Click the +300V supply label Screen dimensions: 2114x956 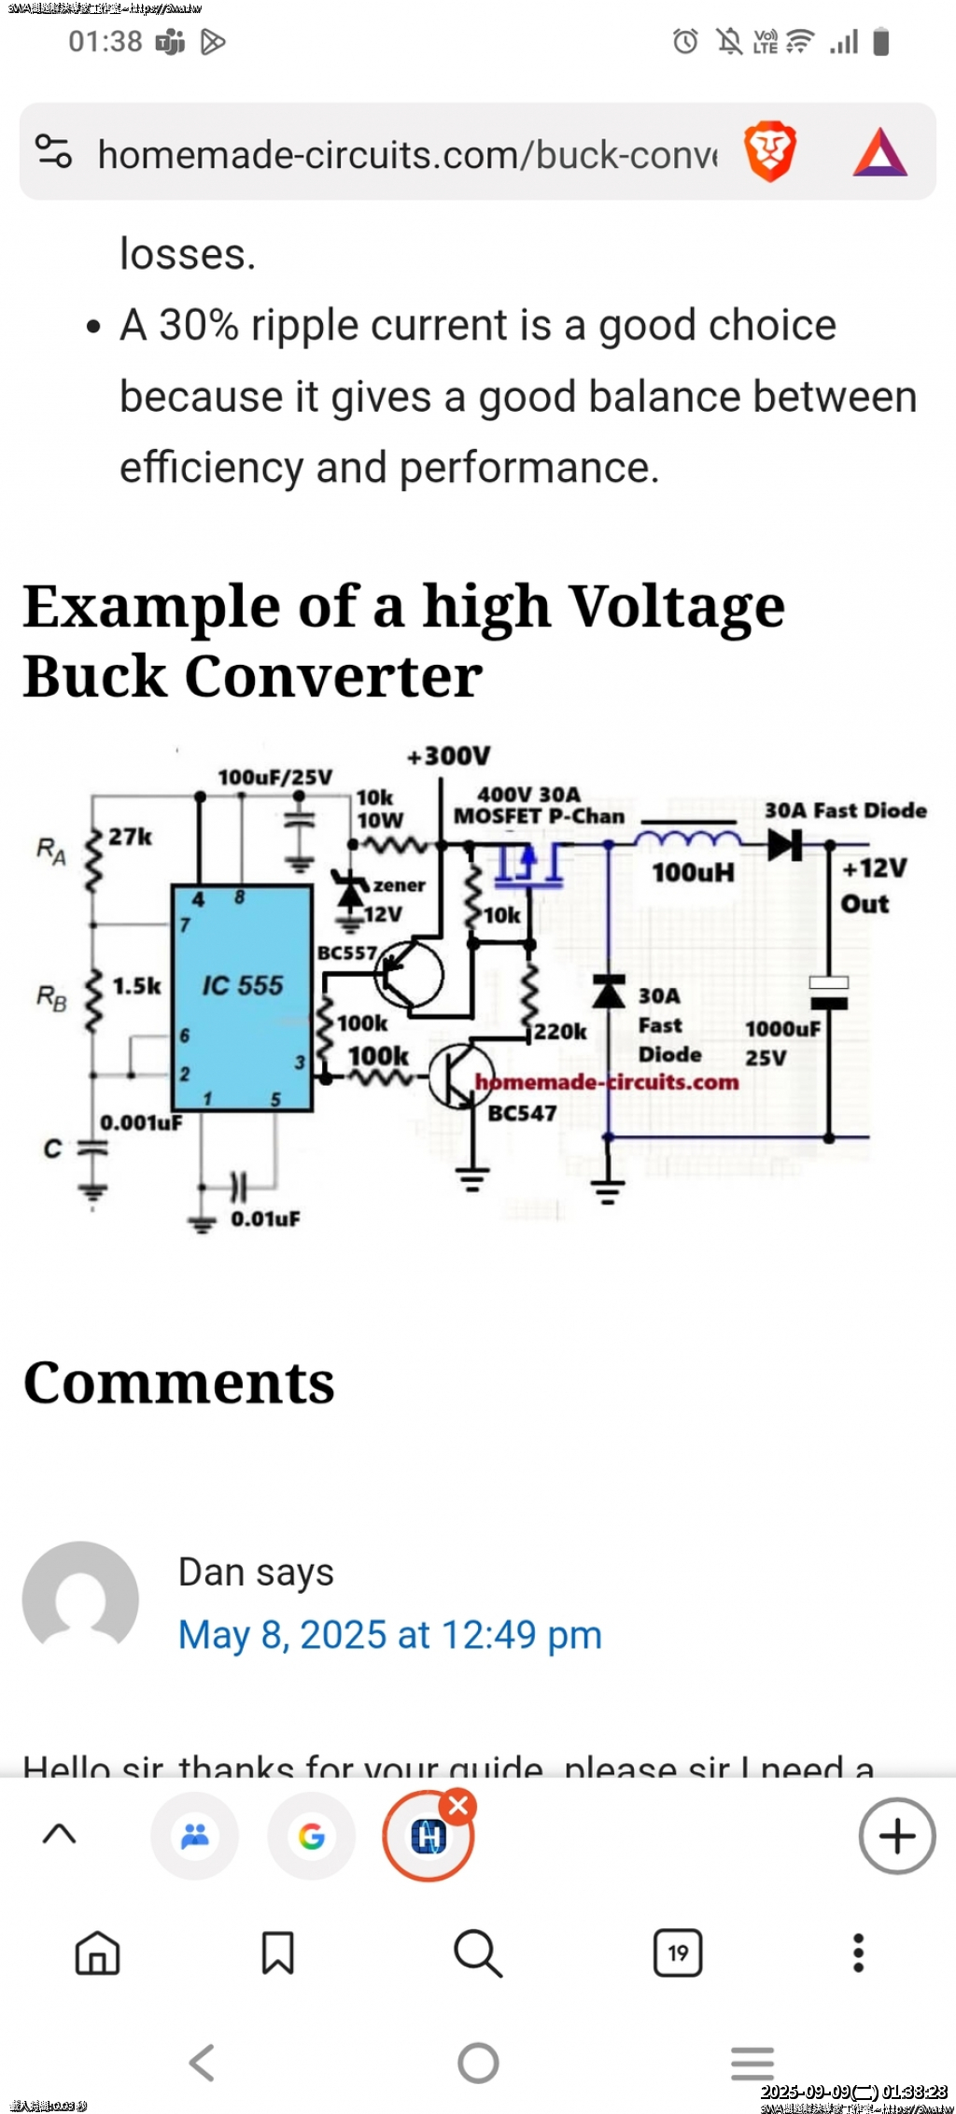448,755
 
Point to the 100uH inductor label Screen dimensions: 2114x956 693,873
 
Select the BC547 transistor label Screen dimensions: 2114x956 522,1113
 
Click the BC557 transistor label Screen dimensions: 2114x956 346,952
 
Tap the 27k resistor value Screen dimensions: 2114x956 130,837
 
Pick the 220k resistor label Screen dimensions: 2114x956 560,1032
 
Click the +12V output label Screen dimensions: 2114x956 874,868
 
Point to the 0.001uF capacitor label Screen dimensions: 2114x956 141,1122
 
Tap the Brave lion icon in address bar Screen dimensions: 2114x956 769,151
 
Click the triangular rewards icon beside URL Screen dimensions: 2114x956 879,153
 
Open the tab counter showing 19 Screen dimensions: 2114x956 678,1952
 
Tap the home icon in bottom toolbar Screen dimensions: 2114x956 98,1952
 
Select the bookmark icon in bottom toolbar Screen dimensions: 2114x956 277,1952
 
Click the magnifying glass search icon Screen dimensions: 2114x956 478,1952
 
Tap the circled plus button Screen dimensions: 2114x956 896,1836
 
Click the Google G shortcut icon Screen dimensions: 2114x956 311,1837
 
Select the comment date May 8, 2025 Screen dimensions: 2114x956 389,1635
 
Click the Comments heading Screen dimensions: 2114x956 178,1383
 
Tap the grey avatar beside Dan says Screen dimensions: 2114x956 80,1599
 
